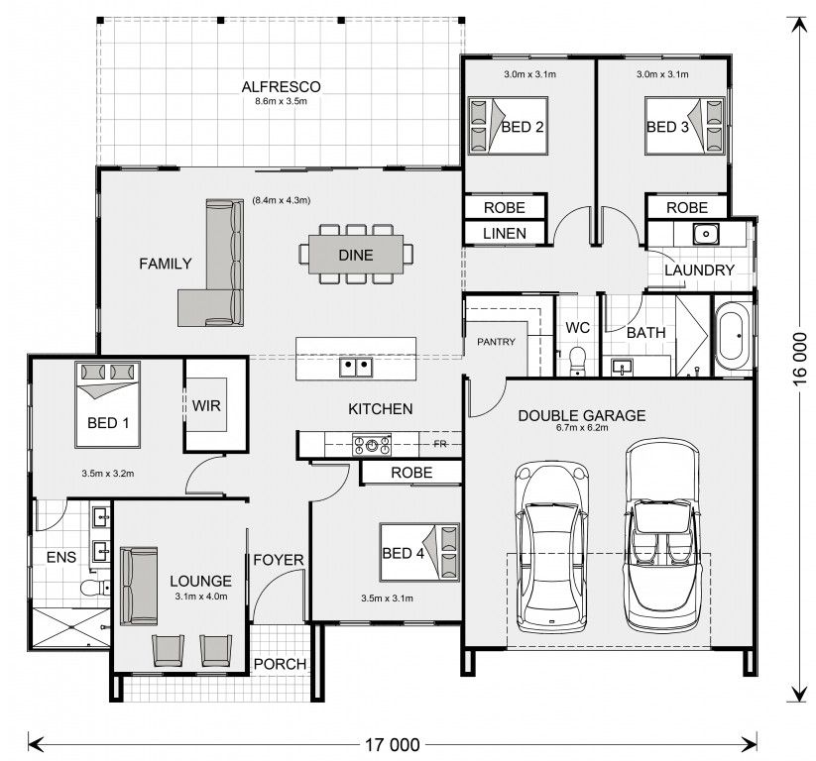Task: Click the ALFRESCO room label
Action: [x=281, y=87]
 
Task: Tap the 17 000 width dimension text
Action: [x=393, y=745]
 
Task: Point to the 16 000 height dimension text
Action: [x=800, y=359]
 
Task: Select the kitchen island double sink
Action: [x=356, y=368]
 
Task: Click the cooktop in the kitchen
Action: [x=372, y=445]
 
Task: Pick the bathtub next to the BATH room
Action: [x=733, y=337]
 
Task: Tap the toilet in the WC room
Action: [x=577, y=360]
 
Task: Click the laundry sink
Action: [x=706, y=234]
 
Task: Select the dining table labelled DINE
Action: [x=356, y=255]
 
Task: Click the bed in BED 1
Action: [x=108, y=404]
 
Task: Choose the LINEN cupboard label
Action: [x=505, y=234]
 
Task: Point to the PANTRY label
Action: [x=496, y=342]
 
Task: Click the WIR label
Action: [x=206, y=405]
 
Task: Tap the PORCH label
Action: [x=280, y=664]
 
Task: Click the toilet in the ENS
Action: [x=95, y=588]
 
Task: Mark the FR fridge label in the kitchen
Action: [x=440, y=444]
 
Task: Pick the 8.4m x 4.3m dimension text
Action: [x=281, y=200]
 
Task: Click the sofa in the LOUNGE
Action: [x=139, y=586]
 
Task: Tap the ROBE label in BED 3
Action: [x=687, y=207]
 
